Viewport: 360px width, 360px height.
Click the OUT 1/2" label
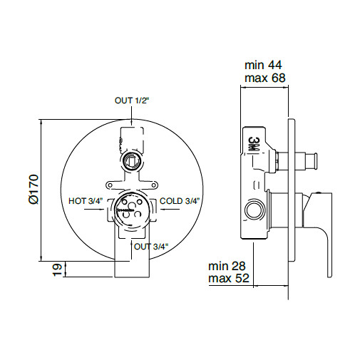(x=132, y=101)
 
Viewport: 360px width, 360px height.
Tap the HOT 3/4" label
(x=86, y=201)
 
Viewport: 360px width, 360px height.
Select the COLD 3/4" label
(x=180, y=201)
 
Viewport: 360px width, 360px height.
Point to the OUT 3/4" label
(x=151, y=247)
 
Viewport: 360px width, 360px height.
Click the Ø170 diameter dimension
(x=34, y=189)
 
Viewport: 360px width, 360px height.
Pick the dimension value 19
(x=57, y=269)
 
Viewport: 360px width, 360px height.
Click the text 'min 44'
(x=263, y=65)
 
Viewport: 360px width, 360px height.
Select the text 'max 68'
(x=265, y=78)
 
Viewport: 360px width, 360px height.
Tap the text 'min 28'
(x=227, y=266)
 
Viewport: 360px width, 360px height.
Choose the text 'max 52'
(x=229, y=278)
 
